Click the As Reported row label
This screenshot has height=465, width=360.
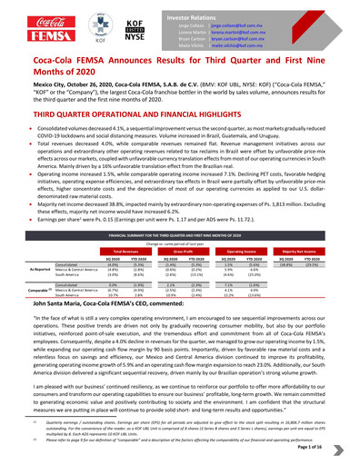[x=27, y=270]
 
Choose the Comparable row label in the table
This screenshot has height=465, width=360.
[x=27, y=295]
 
